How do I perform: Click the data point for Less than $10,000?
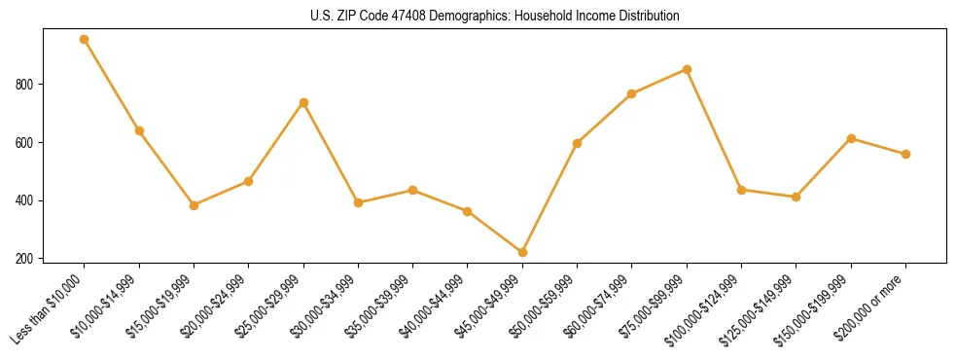click(85, 40)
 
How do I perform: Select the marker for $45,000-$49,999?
click(523, 253)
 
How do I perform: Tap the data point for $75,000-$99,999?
click(687, 69)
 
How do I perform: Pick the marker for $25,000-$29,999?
click(303, 102)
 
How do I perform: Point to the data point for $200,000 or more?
click(905, 154)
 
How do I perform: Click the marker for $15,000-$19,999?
click(194, 205)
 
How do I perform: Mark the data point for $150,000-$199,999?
click(851, 138)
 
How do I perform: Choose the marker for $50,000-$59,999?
click(578, 143)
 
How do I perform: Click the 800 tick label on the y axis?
click(28, 85)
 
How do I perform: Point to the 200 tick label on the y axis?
click(28, 259)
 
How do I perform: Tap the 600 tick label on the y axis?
click(28, 143)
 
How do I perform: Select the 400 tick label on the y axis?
click(28, 200)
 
